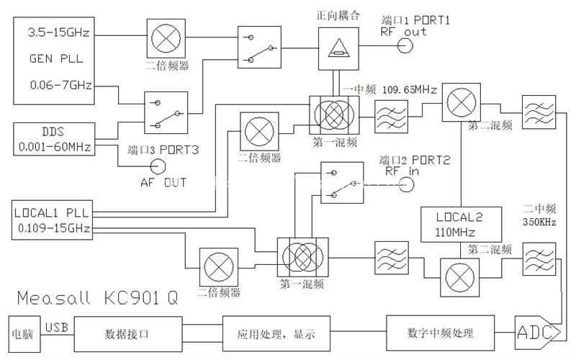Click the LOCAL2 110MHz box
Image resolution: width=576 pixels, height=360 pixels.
tap(454, 224)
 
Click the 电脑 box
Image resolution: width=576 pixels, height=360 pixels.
tap(24, 334)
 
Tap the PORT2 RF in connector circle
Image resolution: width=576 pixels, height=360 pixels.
tap(407, 185)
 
